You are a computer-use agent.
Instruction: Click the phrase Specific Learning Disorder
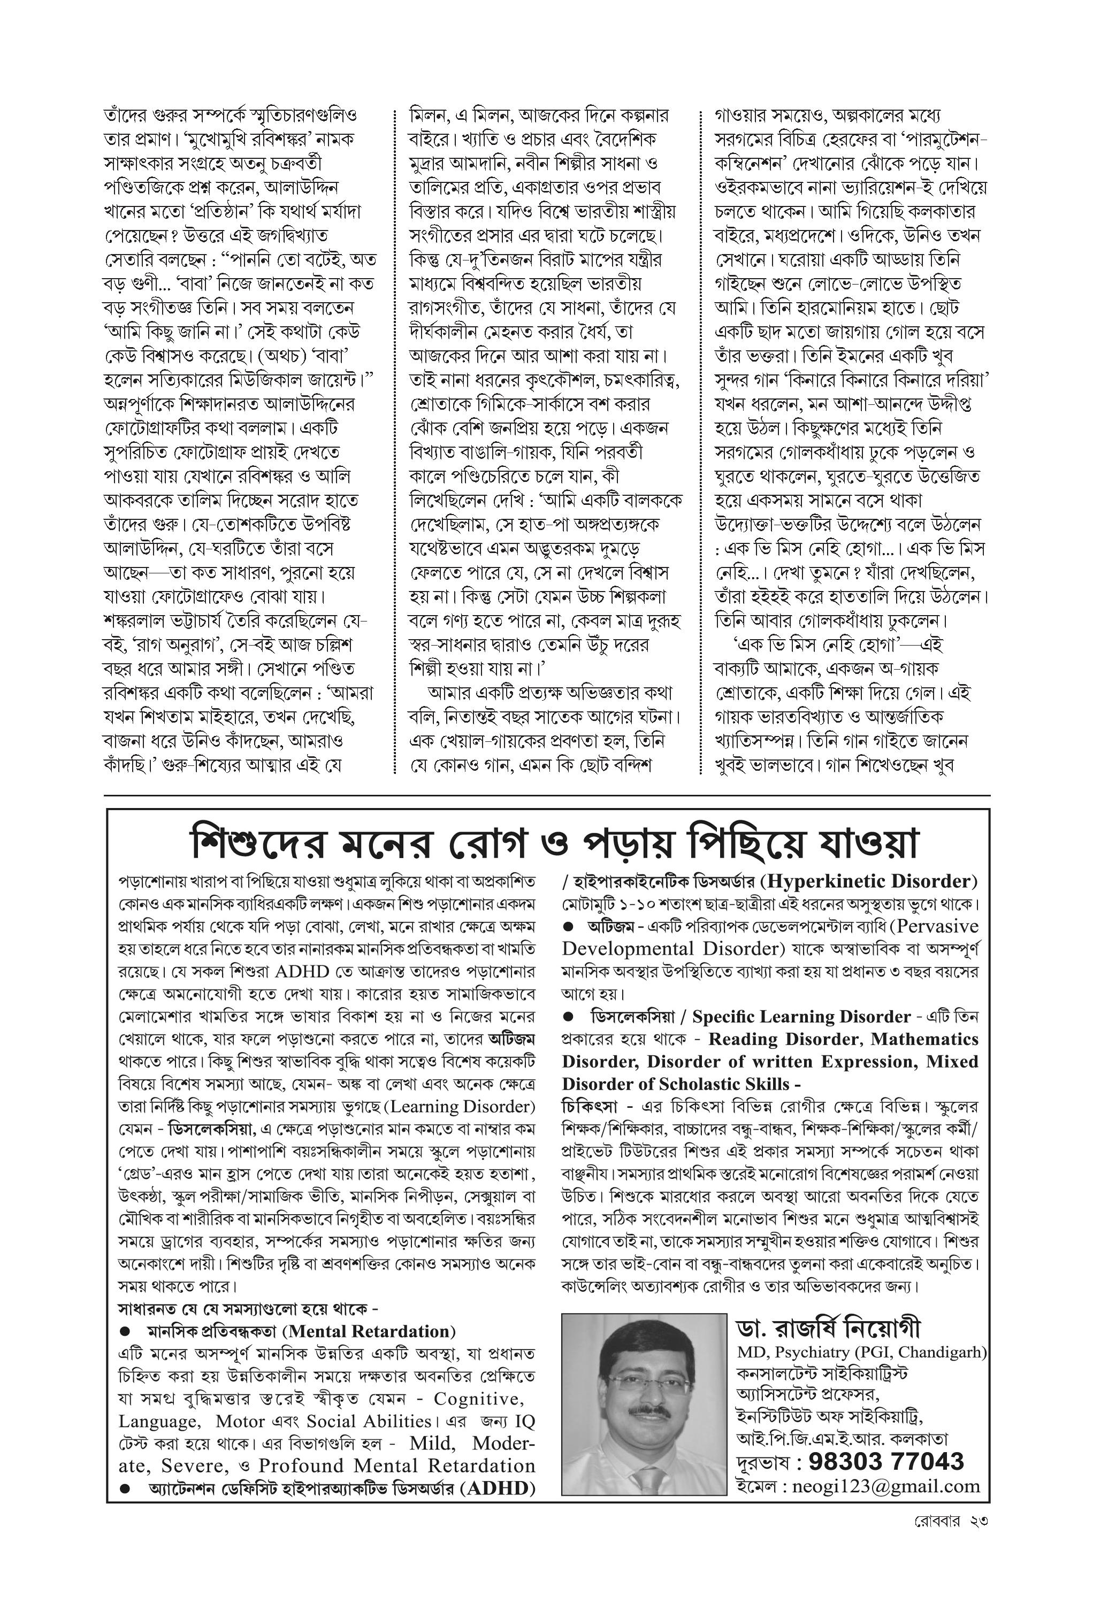pyautogui.click(x=801, y=1017)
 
